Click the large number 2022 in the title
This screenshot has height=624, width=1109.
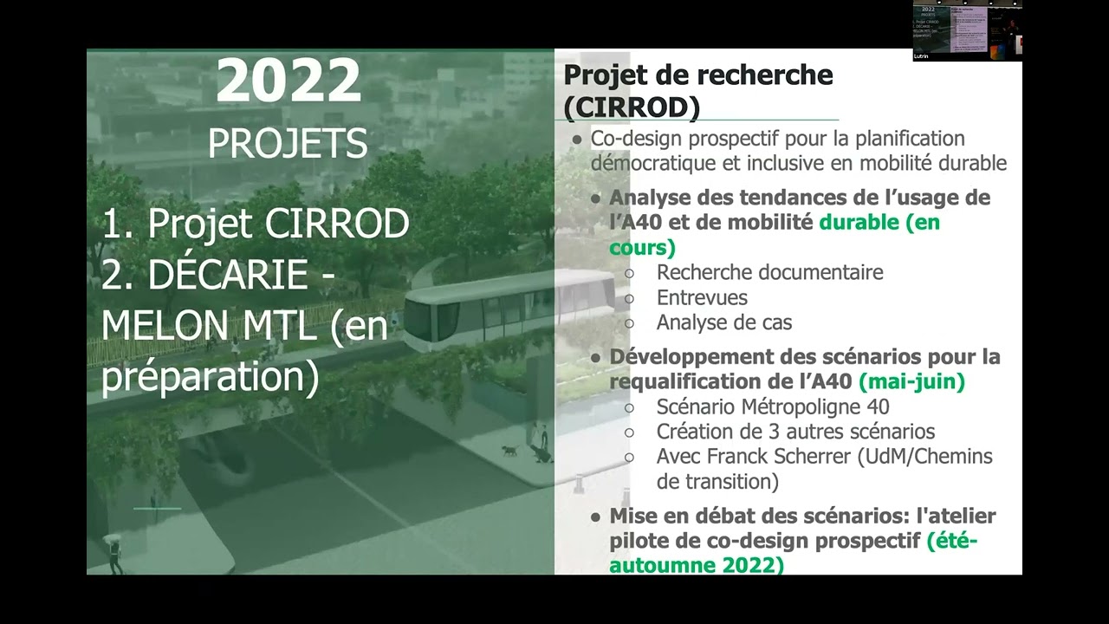(x=288, y=81)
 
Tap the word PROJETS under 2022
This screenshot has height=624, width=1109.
(x=288, y=143)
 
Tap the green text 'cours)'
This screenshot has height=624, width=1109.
(x=642, y=247)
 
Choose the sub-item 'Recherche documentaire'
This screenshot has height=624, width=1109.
(x=769, y=272)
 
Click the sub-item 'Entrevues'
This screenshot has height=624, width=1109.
(x=702, y=297)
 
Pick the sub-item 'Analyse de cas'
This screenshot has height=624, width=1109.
(x=724, y=322)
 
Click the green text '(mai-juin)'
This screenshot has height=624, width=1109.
(x=911, y=380)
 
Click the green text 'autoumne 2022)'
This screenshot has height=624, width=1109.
(x=697, y=565)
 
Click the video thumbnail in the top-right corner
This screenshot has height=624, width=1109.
(x=967, y=30)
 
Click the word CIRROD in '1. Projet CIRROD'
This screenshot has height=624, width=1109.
(x=337, y=224)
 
